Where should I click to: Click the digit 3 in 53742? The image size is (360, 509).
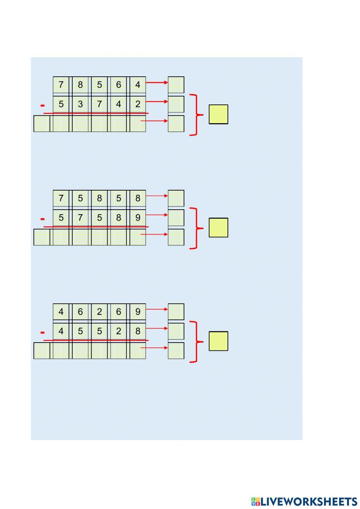click(80, 104)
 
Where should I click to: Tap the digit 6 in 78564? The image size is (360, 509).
click(118, 85)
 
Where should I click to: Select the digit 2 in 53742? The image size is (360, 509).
click(138, 104)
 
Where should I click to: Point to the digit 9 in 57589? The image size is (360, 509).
click(138, 218)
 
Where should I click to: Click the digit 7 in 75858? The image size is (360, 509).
click(61, 198)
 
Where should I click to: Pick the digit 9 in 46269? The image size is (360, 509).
click(138, 312)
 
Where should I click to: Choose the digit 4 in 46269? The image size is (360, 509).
click(61, 312)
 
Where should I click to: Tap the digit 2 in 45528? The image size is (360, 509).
click(118, 331)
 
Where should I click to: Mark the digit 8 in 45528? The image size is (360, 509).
click(138, 331)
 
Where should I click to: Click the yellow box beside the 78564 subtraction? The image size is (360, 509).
click(219, 114)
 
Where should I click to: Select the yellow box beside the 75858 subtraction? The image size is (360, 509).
click(219, 228)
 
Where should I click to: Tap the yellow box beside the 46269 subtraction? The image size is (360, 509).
click(219, 341)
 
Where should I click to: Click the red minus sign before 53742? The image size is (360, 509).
click(43, 106)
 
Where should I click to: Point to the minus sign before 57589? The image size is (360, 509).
click(43, 219)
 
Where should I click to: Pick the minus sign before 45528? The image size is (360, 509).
click(43, 332)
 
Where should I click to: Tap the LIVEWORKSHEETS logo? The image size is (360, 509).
click(304, 501)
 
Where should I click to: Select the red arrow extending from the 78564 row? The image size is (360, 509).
click(157, 82)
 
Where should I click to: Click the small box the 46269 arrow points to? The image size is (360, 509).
click(176, 312)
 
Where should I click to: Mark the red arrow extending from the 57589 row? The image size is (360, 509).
click(157, 215)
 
